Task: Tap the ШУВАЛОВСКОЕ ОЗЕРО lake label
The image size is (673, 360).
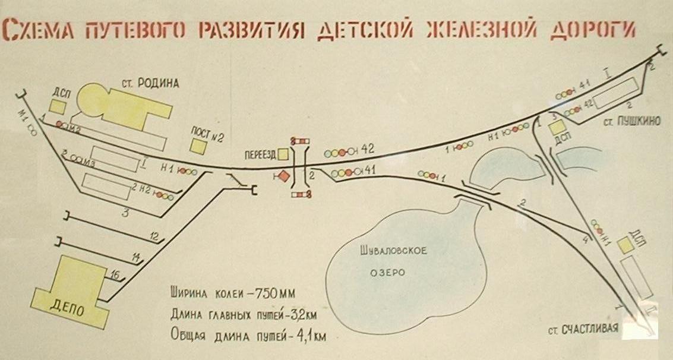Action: tap(394, 261)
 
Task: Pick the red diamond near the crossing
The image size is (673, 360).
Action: tap(285, 176)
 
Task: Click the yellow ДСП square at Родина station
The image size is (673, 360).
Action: tap(58, 106)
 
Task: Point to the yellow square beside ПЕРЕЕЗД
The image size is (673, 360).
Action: tap(284, 154)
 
